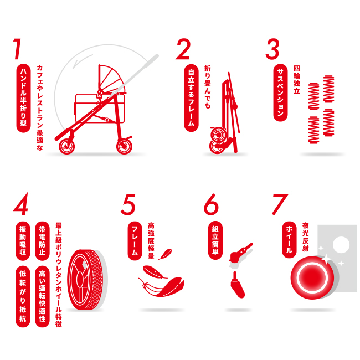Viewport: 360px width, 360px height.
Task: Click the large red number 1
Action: [x=18, y=49]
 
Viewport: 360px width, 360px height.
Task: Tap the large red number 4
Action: [x=20, y=204]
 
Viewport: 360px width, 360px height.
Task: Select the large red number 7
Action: [x=280, y=204]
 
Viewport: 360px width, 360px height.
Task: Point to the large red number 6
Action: [x=211, y=204]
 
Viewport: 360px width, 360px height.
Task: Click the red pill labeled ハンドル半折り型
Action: [x=23, y=98]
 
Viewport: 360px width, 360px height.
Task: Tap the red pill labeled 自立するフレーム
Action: [x=192, y=98]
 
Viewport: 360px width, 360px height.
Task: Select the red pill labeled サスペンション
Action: [x=280, y=92]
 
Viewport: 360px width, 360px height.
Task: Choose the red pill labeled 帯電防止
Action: [x=42, y=241]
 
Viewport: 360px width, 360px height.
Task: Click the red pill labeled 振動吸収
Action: [x=23, y=241]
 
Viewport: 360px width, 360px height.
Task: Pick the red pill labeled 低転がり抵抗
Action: [x=23, y=296]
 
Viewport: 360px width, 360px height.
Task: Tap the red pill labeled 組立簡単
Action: [x=215, y=240]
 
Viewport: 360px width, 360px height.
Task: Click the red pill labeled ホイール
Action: [x=289, y=240]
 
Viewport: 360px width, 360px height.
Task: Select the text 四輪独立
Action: [x=297, y=80]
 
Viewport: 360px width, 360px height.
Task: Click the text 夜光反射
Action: [x=306, y=236]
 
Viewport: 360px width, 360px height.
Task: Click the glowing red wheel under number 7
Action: [x=312, y=277]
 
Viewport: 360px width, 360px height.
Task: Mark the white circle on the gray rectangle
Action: [x=341, y=245]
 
